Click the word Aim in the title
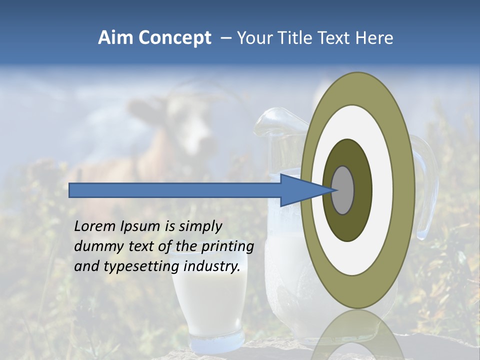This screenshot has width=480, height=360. (x=116, y=38)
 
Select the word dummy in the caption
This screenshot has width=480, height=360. (x=95, y=246)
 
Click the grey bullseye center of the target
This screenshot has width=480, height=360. (x=343, y=190)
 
